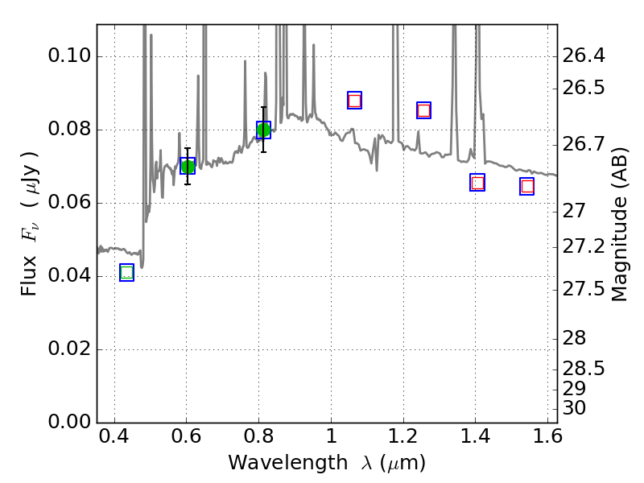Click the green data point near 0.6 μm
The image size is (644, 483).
coord(188,166)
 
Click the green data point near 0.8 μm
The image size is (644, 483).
coord(263,130)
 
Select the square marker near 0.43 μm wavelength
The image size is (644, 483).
coord(126,273)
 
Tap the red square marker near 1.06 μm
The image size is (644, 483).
coord(354,101)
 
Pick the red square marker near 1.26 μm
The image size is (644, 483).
coord(423,110)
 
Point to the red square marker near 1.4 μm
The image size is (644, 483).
coord(477,183)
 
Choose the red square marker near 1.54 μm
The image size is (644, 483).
coord(527,187)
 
